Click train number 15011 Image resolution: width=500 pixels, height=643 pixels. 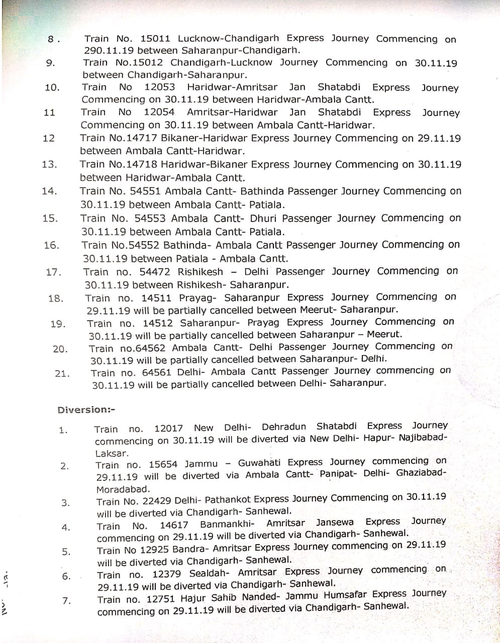point(156,38)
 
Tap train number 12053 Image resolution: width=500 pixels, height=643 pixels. point(159,87)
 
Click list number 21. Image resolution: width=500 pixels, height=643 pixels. point(62,373)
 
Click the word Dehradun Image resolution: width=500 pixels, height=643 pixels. point(283,427)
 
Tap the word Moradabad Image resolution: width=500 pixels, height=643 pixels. point(122,489)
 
